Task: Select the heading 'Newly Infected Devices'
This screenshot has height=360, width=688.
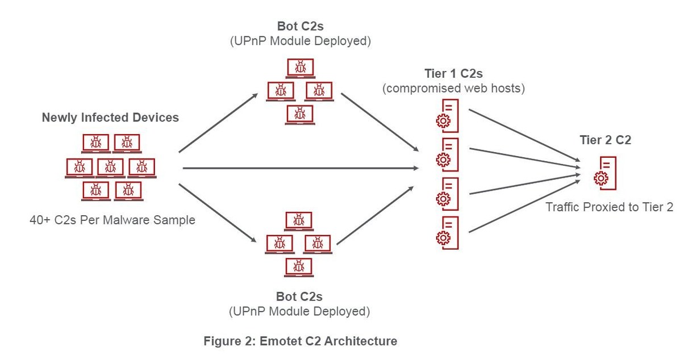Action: (110, 118)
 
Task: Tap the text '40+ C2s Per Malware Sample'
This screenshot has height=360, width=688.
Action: (112, 220)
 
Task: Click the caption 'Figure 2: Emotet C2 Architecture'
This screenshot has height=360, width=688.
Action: (301, 341)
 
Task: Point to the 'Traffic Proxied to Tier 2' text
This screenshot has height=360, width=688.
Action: (609, 207)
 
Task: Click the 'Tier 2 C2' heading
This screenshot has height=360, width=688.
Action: (605, 141)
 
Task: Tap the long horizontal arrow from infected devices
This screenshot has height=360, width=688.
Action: (299, 168)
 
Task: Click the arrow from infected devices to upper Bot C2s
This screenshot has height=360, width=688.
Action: (218, 123)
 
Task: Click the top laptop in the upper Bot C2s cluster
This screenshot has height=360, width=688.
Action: (299, 68)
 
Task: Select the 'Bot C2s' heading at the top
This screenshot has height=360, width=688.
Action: (299, 26)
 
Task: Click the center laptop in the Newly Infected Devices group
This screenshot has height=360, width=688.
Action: (110, 168)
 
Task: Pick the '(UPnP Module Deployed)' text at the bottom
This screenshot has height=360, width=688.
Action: (299, 311)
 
